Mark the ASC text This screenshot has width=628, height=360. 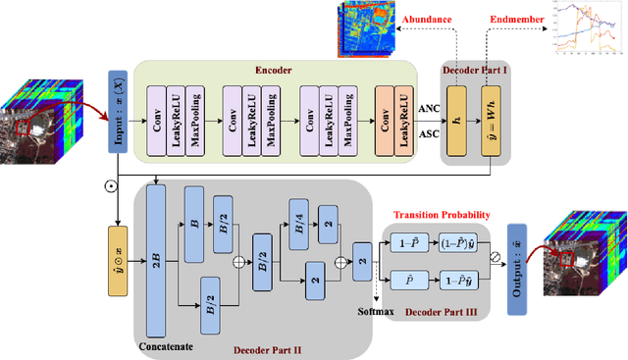427,131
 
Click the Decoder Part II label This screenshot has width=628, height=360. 270,347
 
